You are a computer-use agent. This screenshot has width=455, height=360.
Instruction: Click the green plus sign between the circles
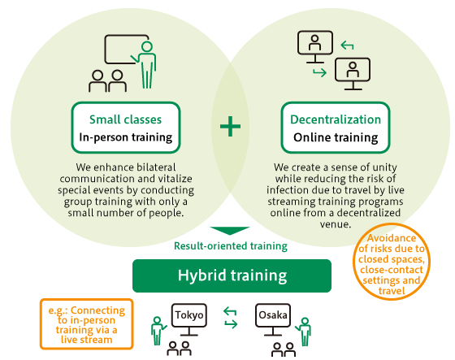[230, 126]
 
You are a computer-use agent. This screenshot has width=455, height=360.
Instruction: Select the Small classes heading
[125, 119]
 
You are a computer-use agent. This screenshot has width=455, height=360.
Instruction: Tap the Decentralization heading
[336, 119]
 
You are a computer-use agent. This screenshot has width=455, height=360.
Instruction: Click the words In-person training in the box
[126, 137]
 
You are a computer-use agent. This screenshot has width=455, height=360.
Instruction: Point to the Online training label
[336, 137]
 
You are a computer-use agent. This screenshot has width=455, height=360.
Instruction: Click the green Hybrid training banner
[232, 275]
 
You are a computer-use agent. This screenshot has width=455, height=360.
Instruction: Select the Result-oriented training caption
[231, 246]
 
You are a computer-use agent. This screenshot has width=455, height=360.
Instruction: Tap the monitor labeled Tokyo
[188, 319]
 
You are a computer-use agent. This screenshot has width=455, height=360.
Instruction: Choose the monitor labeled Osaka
[273, 319]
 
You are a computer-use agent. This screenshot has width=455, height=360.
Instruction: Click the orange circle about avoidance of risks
[392, 262]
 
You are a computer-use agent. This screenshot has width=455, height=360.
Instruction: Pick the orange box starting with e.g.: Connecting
[86, 323]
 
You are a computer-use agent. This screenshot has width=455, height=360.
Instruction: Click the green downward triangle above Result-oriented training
[230, 231]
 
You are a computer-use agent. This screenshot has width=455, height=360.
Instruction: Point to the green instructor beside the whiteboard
[145, 65]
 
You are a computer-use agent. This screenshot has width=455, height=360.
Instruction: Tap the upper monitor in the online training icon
[315, 46]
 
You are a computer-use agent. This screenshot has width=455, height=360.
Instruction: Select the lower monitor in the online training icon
[353, 74]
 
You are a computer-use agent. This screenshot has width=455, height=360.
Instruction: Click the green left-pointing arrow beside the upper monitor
[347, 46]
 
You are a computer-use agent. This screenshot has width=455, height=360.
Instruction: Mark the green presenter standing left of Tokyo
[158, 331]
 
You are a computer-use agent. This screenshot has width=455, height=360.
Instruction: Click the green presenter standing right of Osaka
[304, 332]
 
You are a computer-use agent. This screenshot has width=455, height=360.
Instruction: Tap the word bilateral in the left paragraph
[156, 167]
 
